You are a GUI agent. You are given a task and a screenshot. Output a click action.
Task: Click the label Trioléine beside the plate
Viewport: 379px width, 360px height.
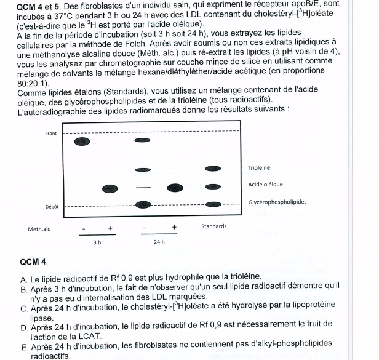pos(258,167)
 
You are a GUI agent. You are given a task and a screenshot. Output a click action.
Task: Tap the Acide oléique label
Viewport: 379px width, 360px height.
pos(265,184)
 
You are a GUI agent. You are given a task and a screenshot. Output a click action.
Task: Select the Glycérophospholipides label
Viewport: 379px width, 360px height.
pos(277,202)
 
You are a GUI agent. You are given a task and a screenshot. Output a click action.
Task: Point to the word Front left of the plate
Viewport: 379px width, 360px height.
pos(51,134)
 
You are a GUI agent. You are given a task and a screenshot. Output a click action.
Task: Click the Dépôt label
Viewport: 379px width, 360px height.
pos(51,207)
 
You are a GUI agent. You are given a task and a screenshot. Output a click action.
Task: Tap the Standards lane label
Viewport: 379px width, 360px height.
pos(213,226)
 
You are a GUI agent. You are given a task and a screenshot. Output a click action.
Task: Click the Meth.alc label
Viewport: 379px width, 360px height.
pos(39,229)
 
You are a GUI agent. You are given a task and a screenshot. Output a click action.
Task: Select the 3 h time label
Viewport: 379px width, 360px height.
pos(97,243)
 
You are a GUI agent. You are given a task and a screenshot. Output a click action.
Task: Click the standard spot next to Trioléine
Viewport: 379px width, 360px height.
pos(213,169)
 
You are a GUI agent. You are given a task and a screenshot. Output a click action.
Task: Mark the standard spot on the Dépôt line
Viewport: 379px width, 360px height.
pos(213,204)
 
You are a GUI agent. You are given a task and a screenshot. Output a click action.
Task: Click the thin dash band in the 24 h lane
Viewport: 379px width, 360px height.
pos(143,187)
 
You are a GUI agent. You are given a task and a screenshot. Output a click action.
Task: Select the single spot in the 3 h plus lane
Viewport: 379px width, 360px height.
pos(110,188)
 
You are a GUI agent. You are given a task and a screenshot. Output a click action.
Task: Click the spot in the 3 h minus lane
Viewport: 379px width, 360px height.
pos(81,142)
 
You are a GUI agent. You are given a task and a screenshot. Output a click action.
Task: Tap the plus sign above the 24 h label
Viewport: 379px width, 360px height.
pos(175,228)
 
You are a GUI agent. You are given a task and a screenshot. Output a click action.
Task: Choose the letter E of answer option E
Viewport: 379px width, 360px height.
pos(23,346)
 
